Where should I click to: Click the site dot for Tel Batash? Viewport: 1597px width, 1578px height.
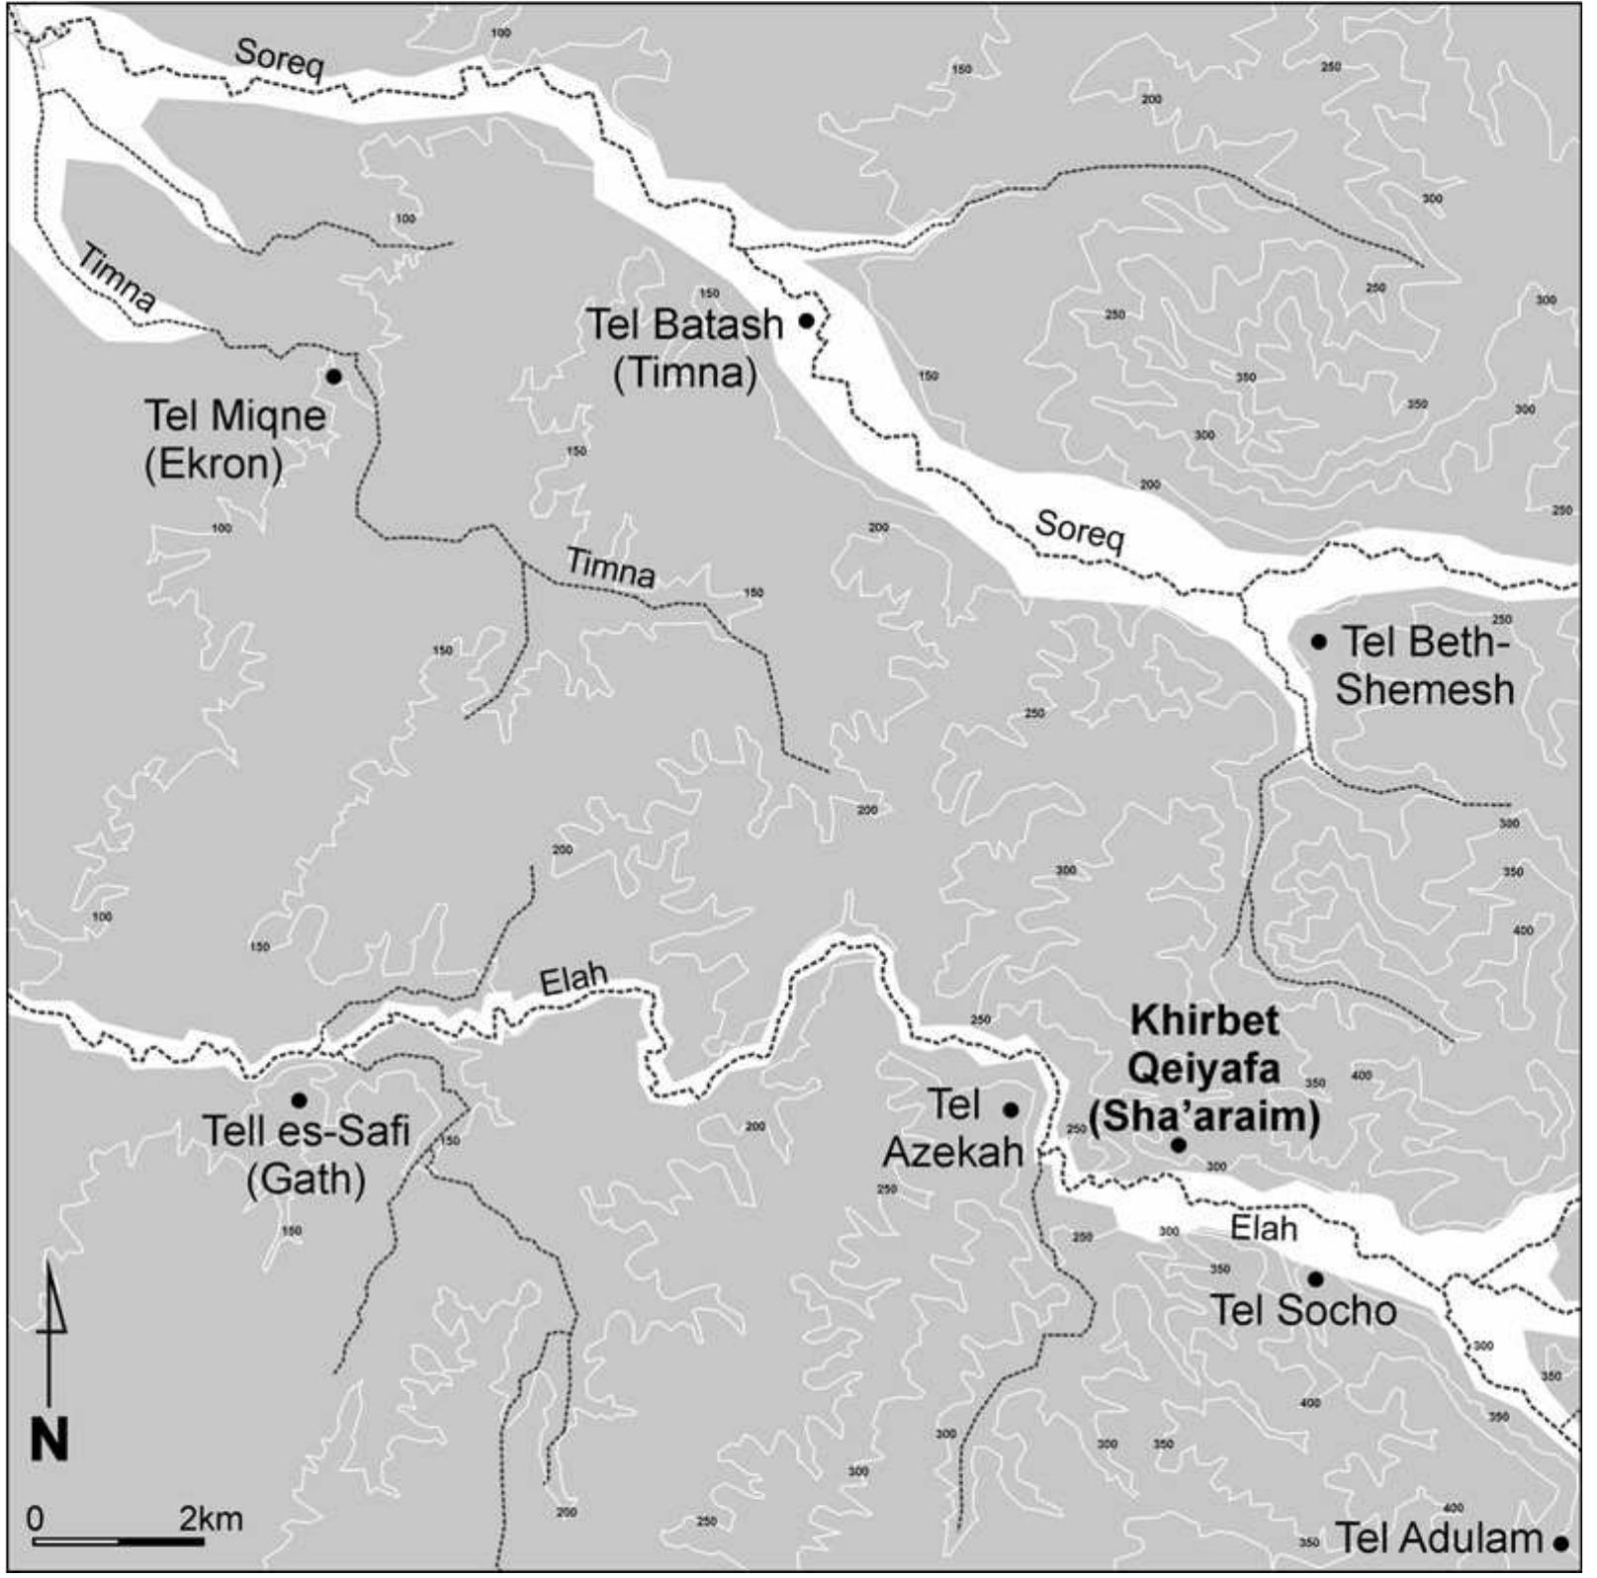807,320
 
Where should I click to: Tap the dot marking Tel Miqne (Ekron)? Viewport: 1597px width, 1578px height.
333,377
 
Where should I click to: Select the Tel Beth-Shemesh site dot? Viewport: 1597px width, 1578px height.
1318,642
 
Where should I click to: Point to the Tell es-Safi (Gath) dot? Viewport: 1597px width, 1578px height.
298,1100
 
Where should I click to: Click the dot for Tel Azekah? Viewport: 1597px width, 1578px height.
1011,1110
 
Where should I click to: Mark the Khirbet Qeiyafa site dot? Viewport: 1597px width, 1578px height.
1178,1145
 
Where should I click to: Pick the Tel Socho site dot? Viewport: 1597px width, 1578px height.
1315,1279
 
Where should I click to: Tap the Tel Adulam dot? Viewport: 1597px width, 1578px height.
1561,1542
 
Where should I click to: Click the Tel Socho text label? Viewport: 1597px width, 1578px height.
1303,1311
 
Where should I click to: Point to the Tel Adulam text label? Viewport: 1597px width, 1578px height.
1439,1539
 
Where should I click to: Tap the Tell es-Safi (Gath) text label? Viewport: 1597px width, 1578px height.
306,1154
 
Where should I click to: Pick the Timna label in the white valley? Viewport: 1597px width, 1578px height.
116,280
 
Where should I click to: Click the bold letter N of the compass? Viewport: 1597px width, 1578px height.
49,1442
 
